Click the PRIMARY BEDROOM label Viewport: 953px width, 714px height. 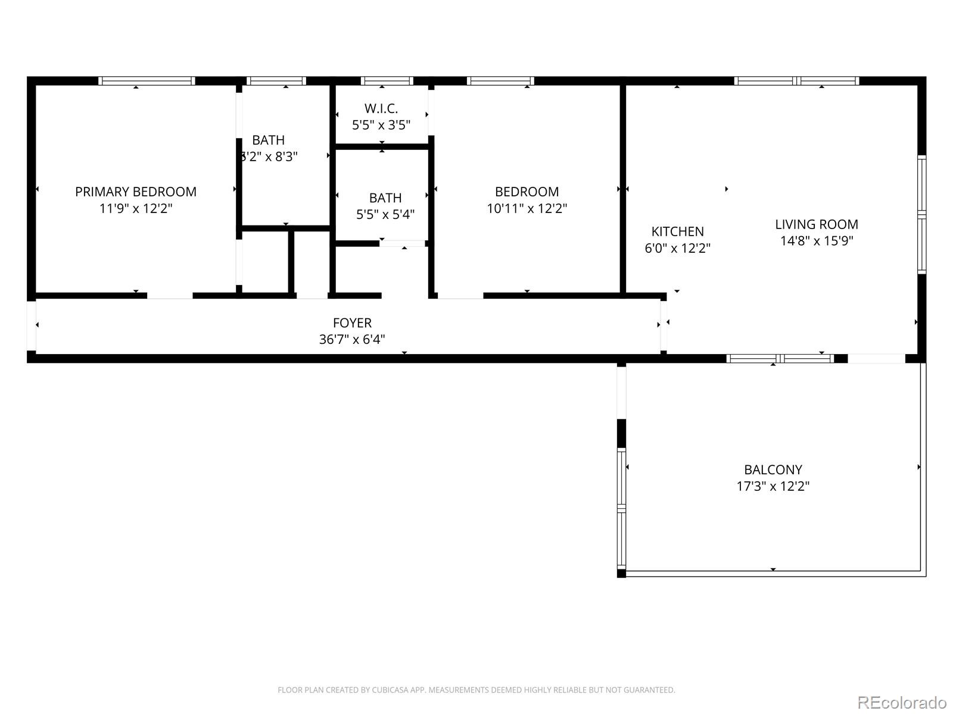pos(136,192)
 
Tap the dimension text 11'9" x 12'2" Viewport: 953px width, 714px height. pos(136,209)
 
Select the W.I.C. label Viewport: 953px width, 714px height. pos(381,108)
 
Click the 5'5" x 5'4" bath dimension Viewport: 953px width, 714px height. pos(385,214)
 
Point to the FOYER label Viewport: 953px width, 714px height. pos(352,322)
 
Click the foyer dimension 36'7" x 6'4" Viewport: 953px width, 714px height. pos(352,340)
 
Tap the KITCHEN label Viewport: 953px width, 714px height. pos(677,231)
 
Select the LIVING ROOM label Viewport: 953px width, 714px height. pos(817,224)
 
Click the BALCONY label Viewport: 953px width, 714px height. pos(773,469)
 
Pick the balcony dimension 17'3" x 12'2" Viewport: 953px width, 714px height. pos(773,486)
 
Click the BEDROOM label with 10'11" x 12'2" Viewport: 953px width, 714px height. pos(527,192)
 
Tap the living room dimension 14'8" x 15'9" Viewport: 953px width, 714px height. pos(817,241)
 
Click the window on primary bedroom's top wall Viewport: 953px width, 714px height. pos(147,81)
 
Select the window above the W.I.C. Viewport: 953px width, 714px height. pos(387,81)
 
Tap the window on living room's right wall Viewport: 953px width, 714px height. pos(921,214)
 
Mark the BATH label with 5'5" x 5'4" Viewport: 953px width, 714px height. pos(385,198)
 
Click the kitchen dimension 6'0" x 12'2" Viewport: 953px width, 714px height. pos(677,248)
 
